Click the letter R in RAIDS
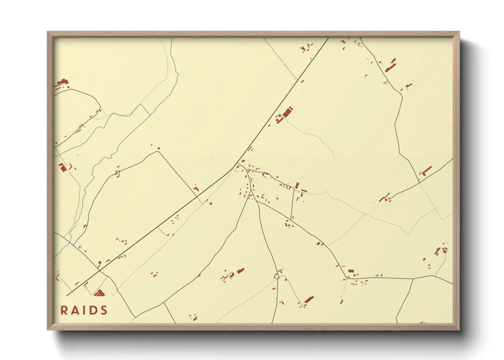[x=64, y=310]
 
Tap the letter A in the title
[x=75, y=310]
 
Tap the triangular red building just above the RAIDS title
[x=100, y=293]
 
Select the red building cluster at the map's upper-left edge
[x=62, y=83]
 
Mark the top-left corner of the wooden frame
[x=48, y=32]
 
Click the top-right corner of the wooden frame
[x=459, y=32]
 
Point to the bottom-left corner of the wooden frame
[x=48, y=329]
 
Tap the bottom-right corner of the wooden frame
[x=459, y=329]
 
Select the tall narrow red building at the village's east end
[x=297, y=185]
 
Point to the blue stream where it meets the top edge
[x=172, y=38]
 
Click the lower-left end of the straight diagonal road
[x=67, y=295]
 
